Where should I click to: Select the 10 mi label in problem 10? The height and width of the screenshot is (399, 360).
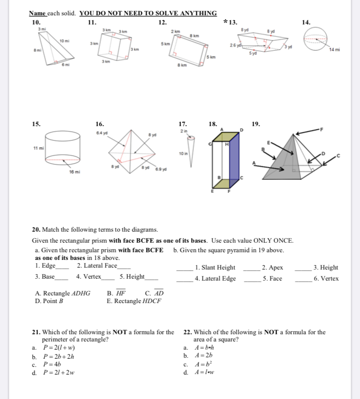64,41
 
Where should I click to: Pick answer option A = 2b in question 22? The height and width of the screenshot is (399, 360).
204,356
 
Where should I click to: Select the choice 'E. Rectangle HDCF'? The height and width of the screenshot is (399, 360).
134,301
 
